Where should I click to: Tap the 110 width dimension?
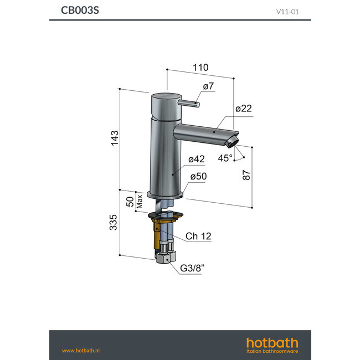[200, 67]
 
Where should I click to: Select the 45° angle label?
[225, 157]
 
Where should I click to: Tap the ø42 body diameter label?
[196, 159]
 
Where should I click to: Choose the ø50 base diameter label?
[198, 176]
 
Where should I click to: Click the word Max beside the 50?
[140, 201]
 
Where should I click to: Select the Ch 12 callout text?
[198, 236]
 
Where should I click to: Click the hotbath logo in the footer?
[271, 344]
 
